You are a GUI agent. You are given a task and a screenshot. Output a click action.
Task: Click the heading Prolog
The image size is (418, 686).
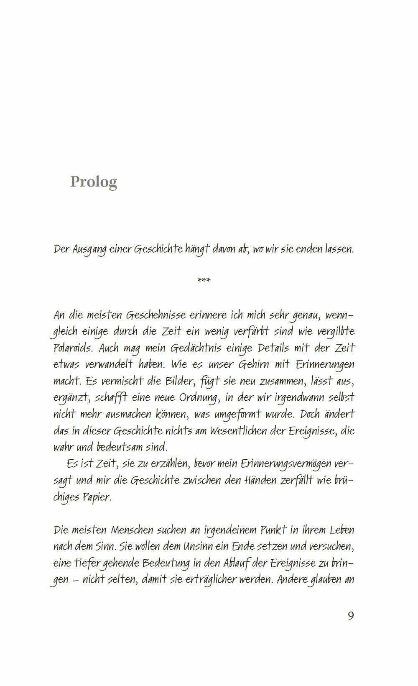[x=94, y=182]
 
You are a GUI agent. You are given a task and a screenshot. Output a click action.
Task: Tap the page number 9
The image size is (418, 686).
[x=351, y=616]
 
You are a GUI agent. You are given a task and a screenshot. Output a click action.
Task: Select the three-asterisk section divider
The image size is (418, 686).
[x=204, y=280]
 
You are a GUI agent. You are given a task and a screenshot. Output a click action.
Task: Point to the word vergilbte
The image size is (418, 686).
[x=333, y=331]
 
